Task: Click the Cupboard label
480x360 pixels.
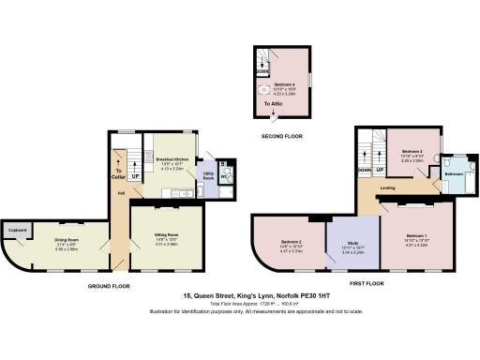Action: pyautogui.click(x=17, y=229)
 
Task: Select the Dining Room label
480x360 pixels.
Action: pyautogui.click(x=66, y=239)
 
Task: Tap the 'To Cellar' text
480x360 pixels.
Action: pyautogui.click(x=117, y=172)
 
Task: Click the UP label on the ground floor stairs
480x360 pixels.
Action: pyautogui.click(x=134, y=175)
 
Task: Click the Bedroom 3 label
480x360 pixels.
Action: pyautogui.click(x=412, y=151)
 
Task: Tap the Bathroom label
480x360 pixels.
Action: pyautogui.click(x=454, y=173)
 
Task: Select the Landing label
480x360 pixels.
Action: pyautogui.click(x=386, y=187)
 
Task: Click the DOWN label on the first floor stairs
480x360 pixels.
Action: pyautogui.click(x=364, y=171)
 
